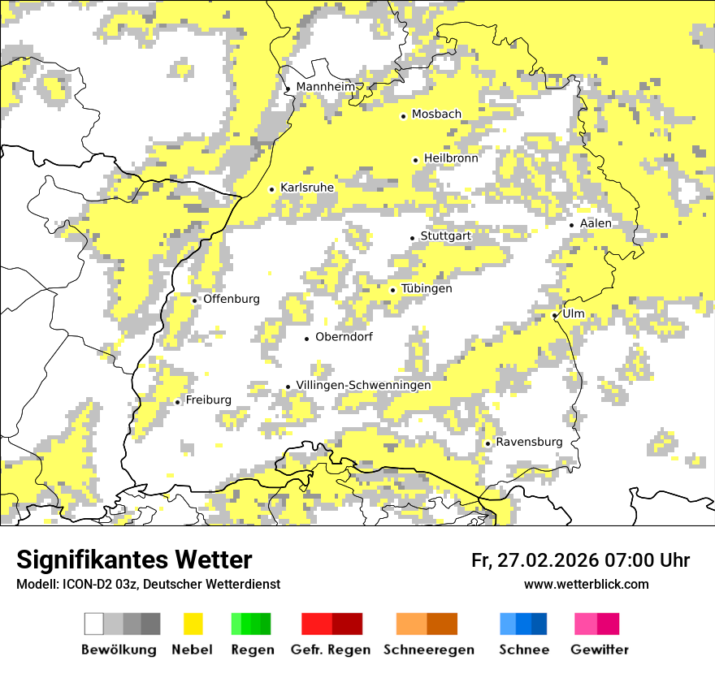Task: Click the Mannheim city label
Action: [x=325, y=87]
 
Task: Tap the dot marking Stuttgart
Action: [x=413, y=238]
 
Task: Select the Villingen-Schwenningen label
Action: [x=363, y=385]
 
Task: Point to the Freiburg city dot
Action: [x=178, y=402]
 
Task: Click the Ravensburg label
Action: [x=529, y=442]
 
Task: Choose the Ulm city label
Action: [x=573, y=313]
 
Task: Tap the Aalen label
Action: [x=596, y=223]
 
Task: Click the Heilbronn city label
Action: [x=451, y=158]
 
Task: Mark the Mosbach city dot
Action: [x=403, y=116]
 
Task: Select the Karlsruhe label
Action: [x=307, y=188]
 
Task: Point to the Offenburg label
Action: [x=232, y=299]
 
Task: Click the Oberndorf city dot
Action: [x=306, y=339]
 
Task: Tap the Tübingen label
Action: [x=427, y=288]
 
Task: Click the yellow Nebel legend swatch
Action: [x=193, y=624]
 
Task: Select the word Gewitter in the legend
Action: [x=600, y=650]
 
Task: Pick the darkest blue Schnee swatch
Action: [x=539, y=624]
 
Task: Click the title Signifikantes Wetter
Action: [x=134, y=560]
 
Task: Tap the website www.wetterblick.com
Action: [x=586, y=585]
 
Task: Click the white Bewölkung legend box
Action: [x=94, y=624]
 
